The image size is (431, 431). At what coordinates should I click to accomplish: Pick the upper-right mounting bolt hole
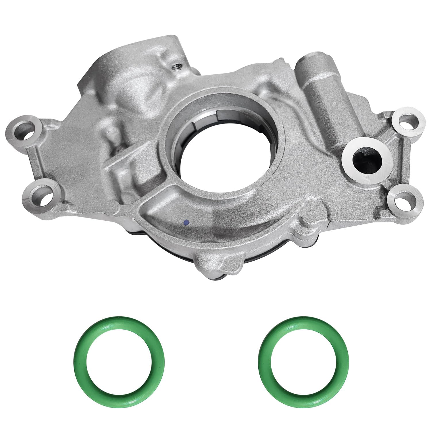[406, 122]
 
